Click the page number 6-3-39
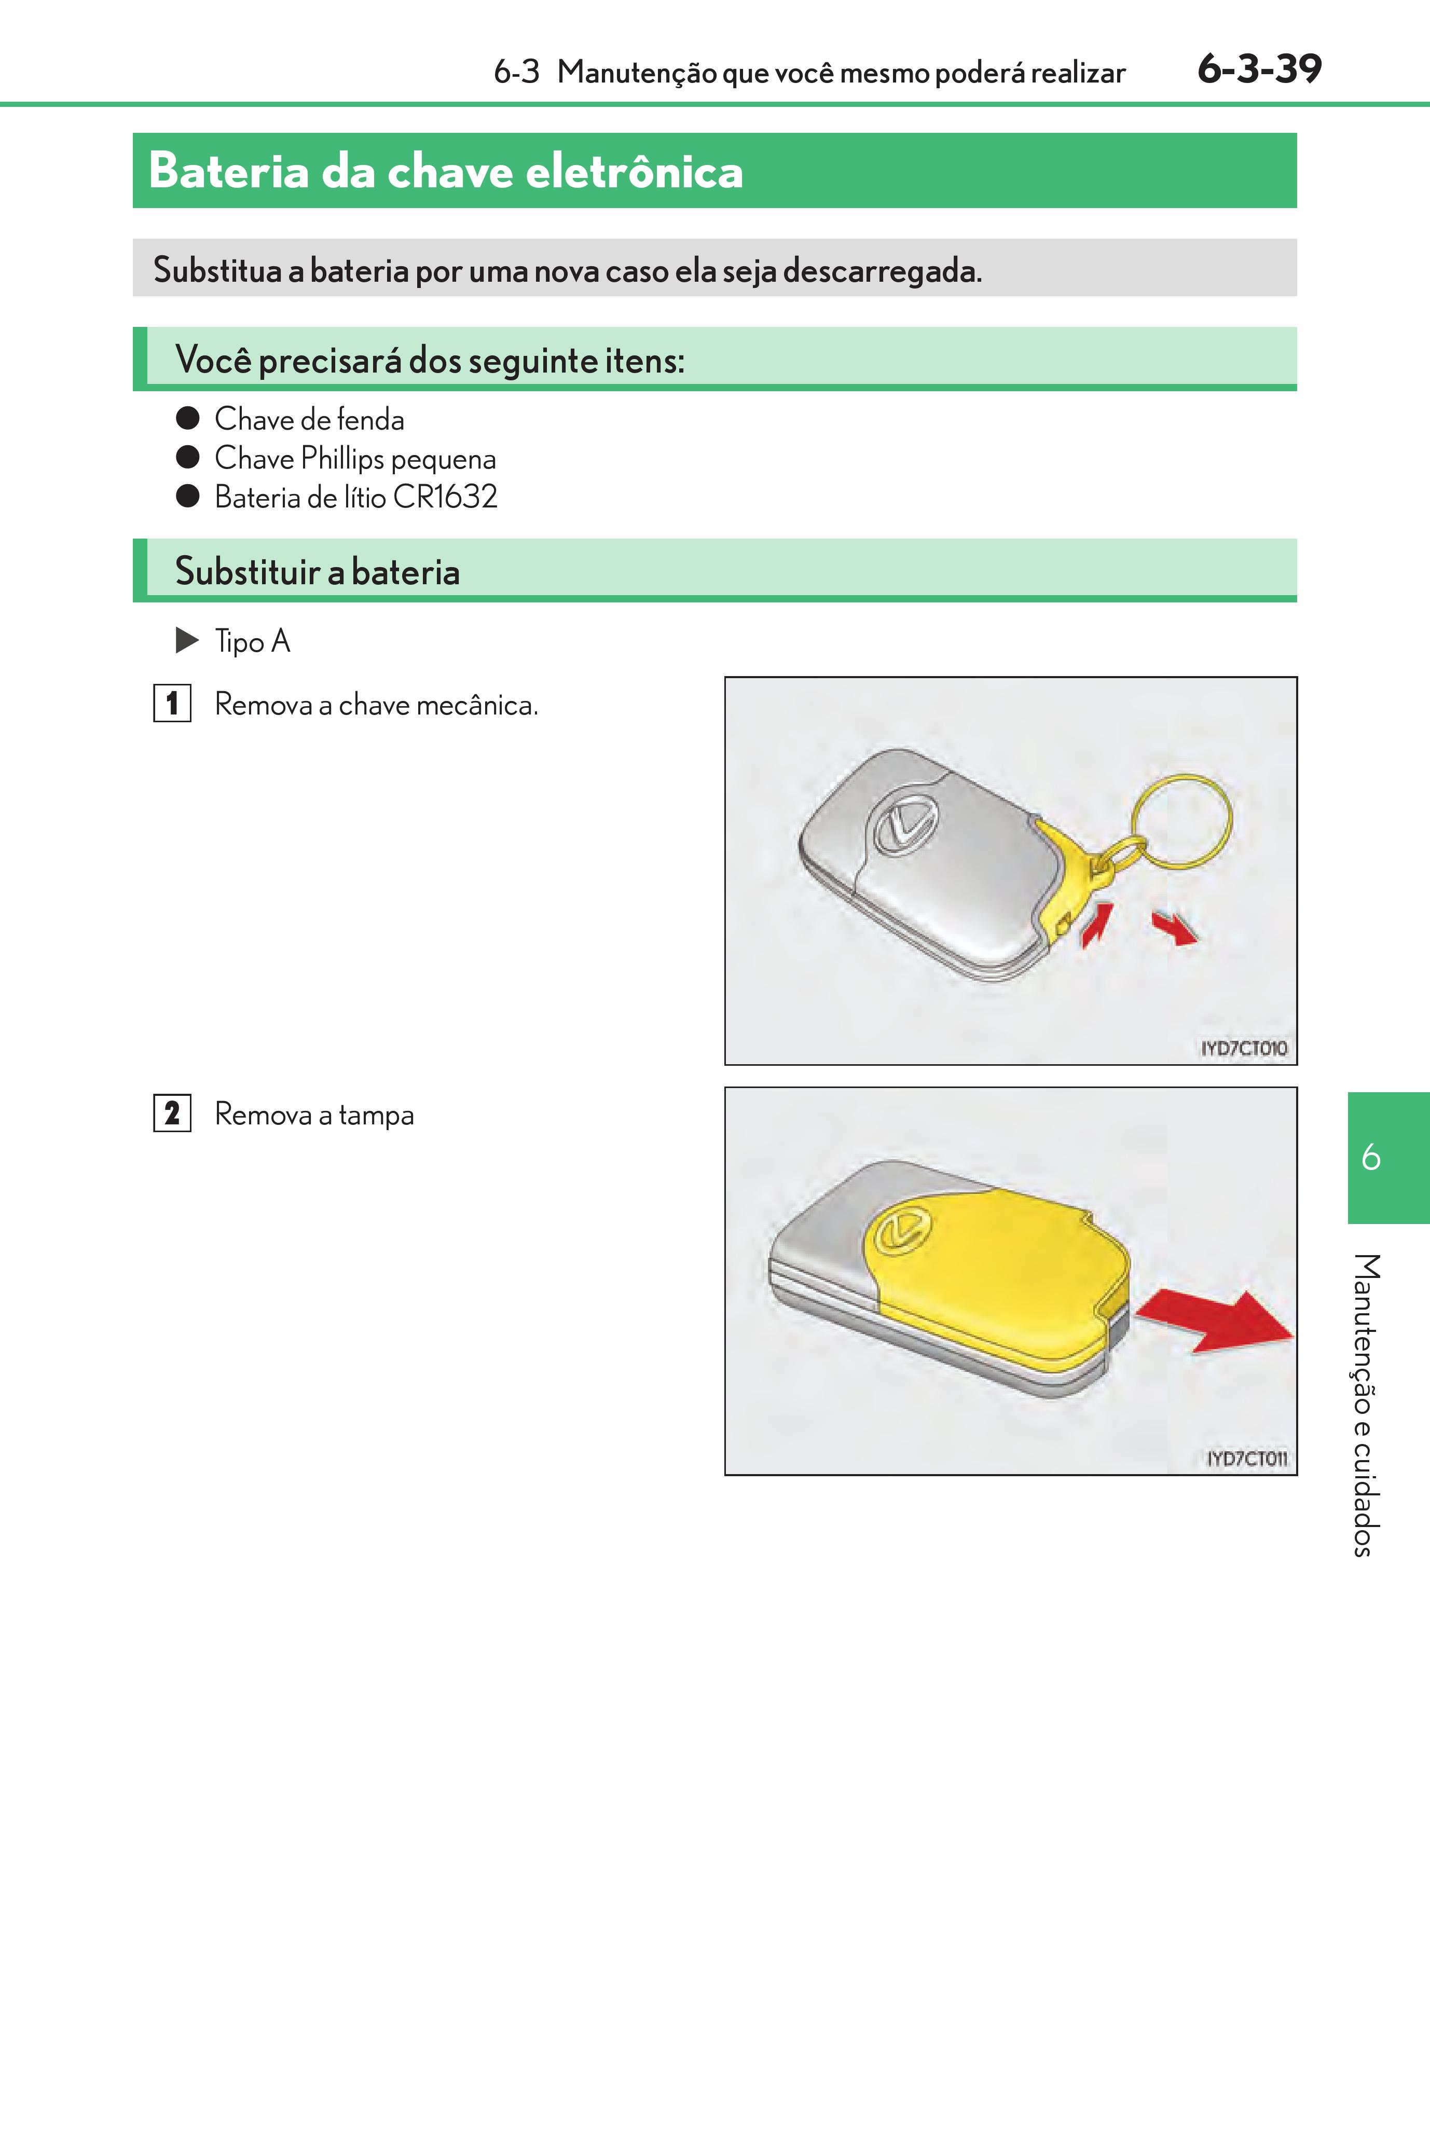click(1259, 70)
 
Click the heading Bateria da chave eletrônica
click(445, 171)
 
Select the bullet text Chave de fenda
click(309, 420)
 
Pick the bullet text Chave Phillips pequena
click(355, 459)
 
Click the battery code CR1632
click(445, 497)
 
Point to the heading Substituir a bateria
click(318, 572)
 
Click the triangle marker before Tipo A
click(187, 640)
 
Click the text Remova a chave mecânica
click(376, 705)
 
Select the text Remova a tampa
click(314, 1115)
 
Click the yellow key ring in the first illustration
click(1183, 821)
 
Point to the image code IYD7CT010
click(1243, 1048)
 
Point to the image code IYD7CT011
click(1247, 1458)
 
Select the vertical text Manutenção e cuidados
click(1365, 1405)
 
